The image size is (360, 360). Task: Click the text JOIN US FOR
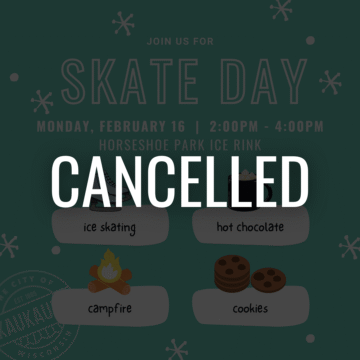coord(180,43)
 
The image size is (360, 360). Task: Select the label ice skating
coord(109,227)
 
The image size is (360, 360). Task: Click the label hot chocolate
coord(250,227)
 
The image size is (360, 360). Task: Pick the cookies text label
coord(250,309)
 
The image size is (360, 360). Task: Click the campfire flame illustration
coord(105,270)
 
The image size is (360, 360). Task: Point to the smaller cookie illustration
coord(265,280)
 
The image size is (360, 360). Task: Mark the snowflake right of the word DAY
coord(330,82)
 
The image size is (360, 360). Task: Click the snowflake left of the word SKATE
coord(42,101)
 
